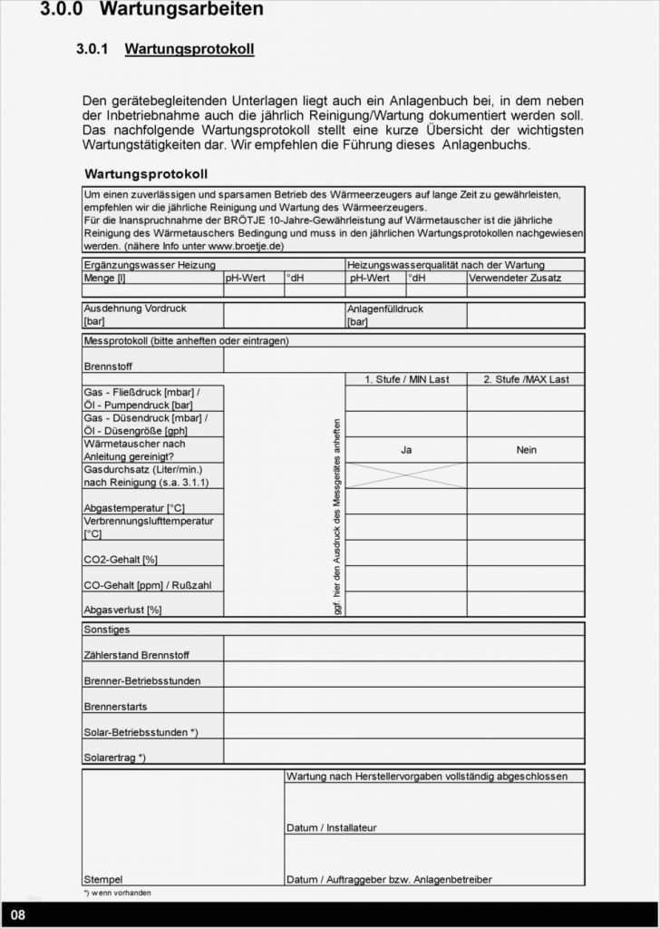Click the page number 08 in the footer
(18, 914)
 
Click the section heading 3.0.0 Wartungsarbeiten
(151, 10)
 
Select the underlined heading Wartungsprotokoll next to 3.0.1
(189, 49)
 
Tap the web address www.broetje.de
(246, 246)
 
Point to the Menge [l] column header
(105, 278)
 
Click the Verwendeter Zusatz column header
(515, 278)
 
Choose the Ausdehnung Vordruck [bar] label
(135, 315)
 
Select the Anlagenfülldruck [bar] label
(384, 315)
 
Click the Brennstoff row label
(108, 367)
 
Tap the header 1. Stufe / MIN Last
(406, 379)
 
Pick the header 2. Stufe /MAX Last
(526, 379)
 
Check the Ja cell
(406, 450)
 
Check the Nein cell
(526, 450)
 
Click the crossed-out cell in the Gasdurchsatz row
(406, 475)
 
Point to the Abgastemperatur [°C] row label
(134, 508)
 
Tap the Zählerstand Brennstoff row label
(137, 655)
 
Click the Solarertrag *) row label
(114, 757)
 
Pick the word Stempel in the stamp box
(102, 879)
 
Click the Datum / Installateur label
(331, 827)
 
